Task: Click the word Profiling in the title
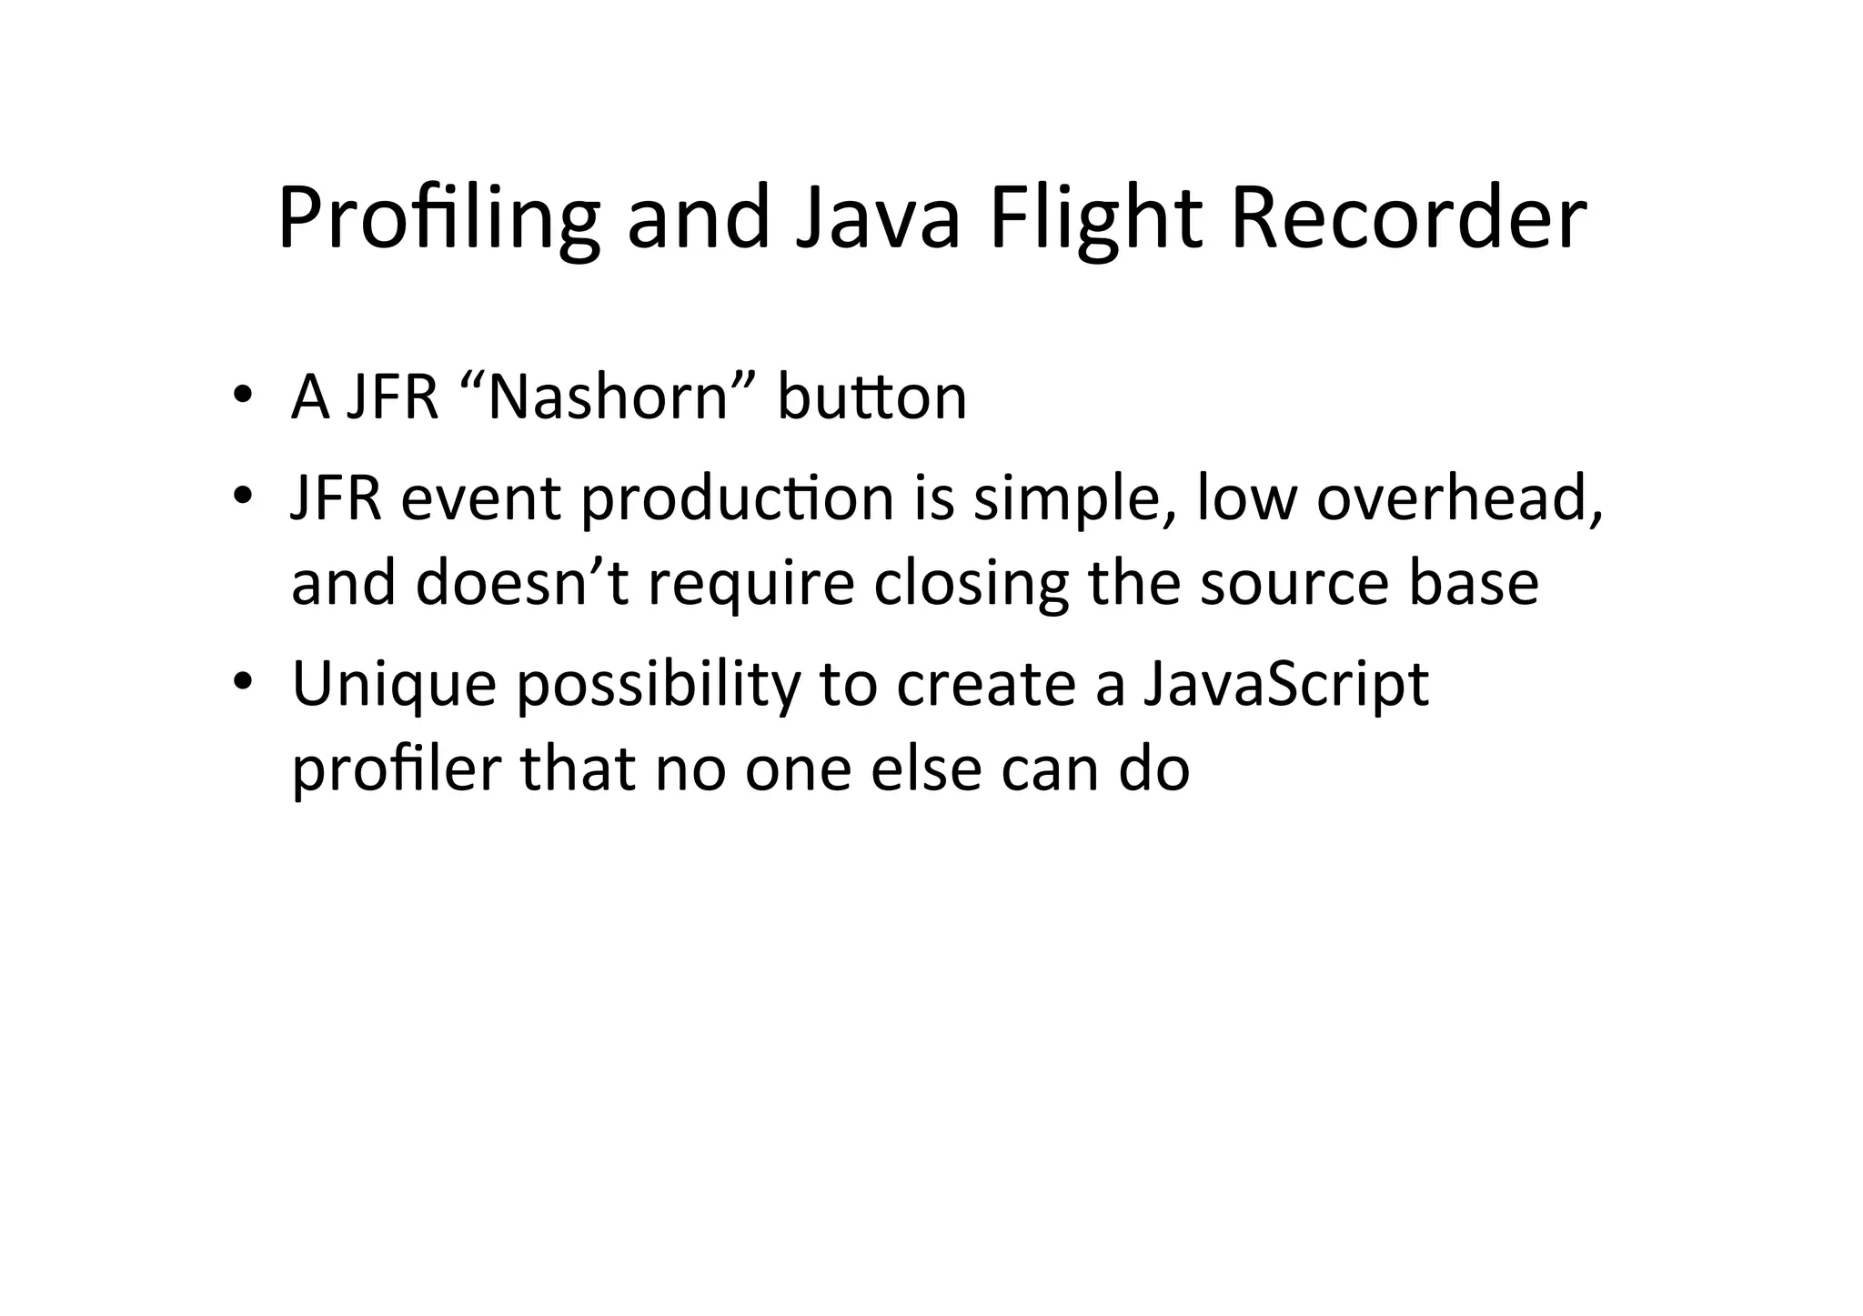pyautogui.click(x=438, y=219)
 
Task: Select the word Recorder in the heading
pyautogui.click(x=1407, y=219)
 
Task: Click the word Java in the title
pyautogui.click(x=877, y=219)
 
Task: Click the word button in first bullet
pyautogui.click(x=871, y=397)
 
